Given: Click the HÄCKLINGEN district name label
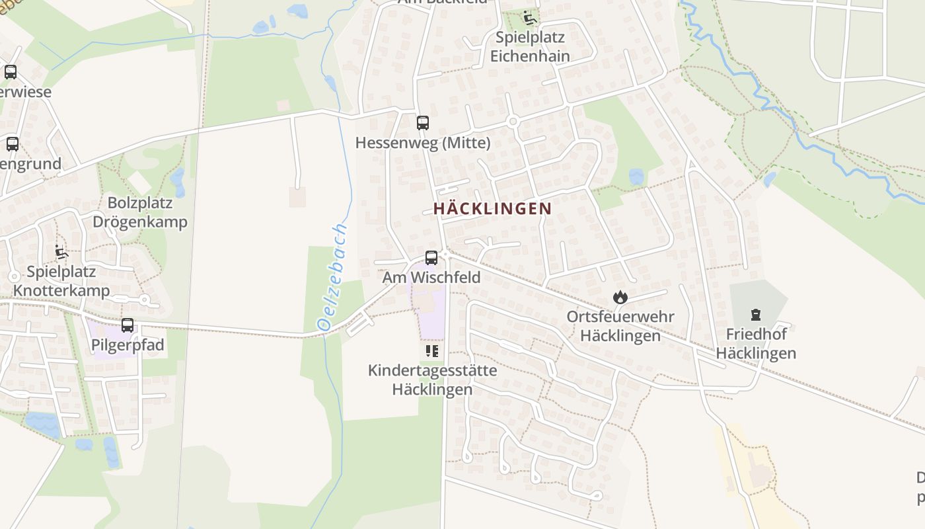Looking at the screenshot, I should pos(492,208).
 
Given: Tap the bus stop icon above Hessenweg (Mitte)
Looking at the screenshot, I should pos(423,123).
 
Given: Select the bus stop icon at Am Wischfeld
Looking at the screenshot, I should pos(431,258).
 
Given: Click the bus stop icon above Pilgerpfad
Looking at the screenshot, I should pos(128,325).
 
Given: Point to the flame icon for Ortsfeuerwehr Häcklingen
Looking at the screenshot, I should pos(620,298).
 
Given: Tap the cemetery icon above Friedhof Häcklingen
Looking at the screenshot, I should pos(756,315).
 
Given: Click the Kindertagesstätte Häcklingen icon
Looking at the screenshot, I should pos(432,351).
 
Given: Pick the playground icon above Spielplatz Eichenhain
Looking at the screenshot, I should pos(529,18).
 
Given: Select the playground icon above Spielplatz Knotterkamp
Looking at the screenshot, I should pos(61,252).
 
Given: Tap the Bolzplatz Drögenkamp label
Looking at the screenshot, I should pos(140,212).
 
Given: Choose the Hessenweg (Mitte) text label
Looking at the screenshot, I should pos(423,143).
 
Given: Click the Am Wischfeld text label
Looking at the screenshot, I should pos(431,277).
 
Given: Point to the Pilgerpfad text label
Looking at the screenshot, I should pos(128,345).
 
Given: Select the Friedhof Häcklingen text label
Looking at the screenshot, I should pos(756,343).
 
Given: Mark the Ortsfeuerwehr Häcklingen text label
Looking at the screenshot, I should pos(620,326).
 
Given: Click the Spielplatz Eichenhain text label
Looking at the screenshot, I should pos(530,46).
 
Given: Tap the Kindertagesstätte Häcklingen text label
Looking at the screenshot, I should pos(432,380).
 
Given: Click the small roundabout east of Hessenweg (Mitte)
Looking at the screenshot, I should pos(513,121).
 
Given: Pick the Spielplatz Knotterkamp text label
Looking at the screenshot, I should pos(61,281).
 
